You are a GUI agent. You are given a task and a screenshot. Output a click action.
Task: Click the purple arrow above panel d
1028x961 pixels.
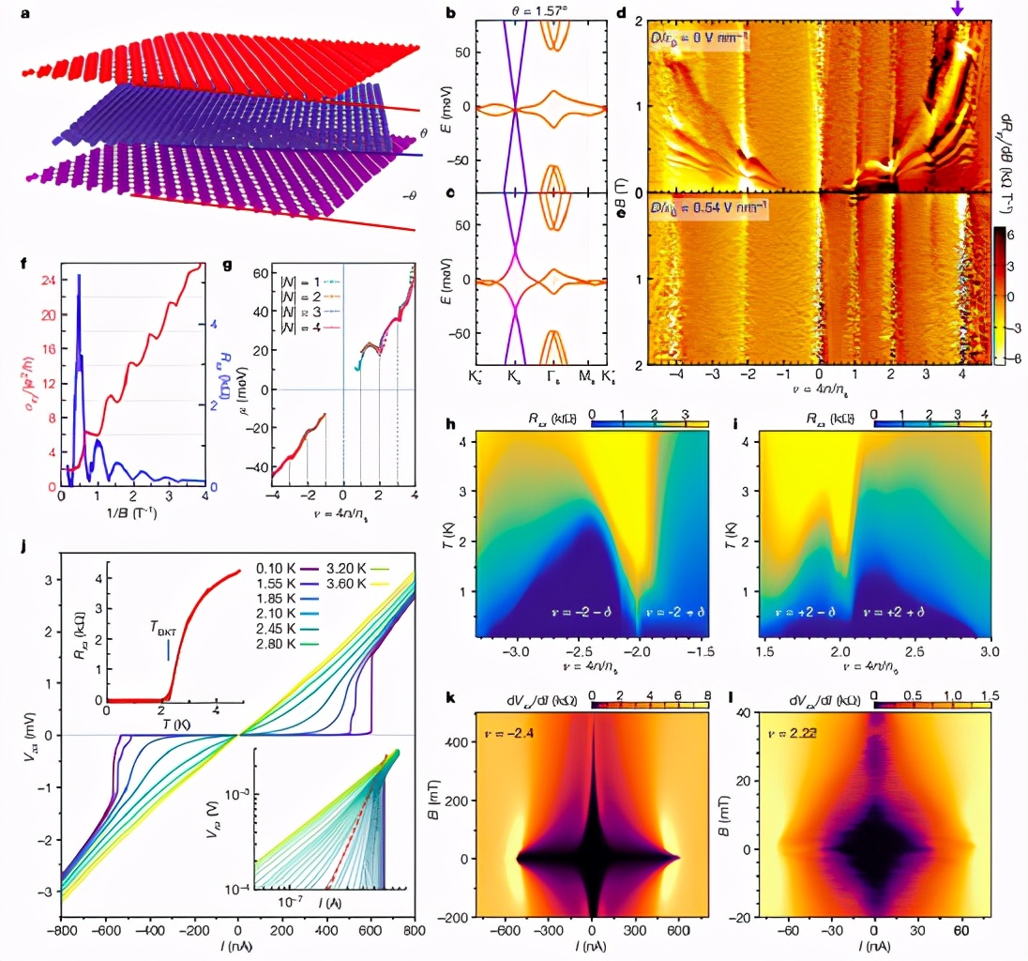tap(957, 8)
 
